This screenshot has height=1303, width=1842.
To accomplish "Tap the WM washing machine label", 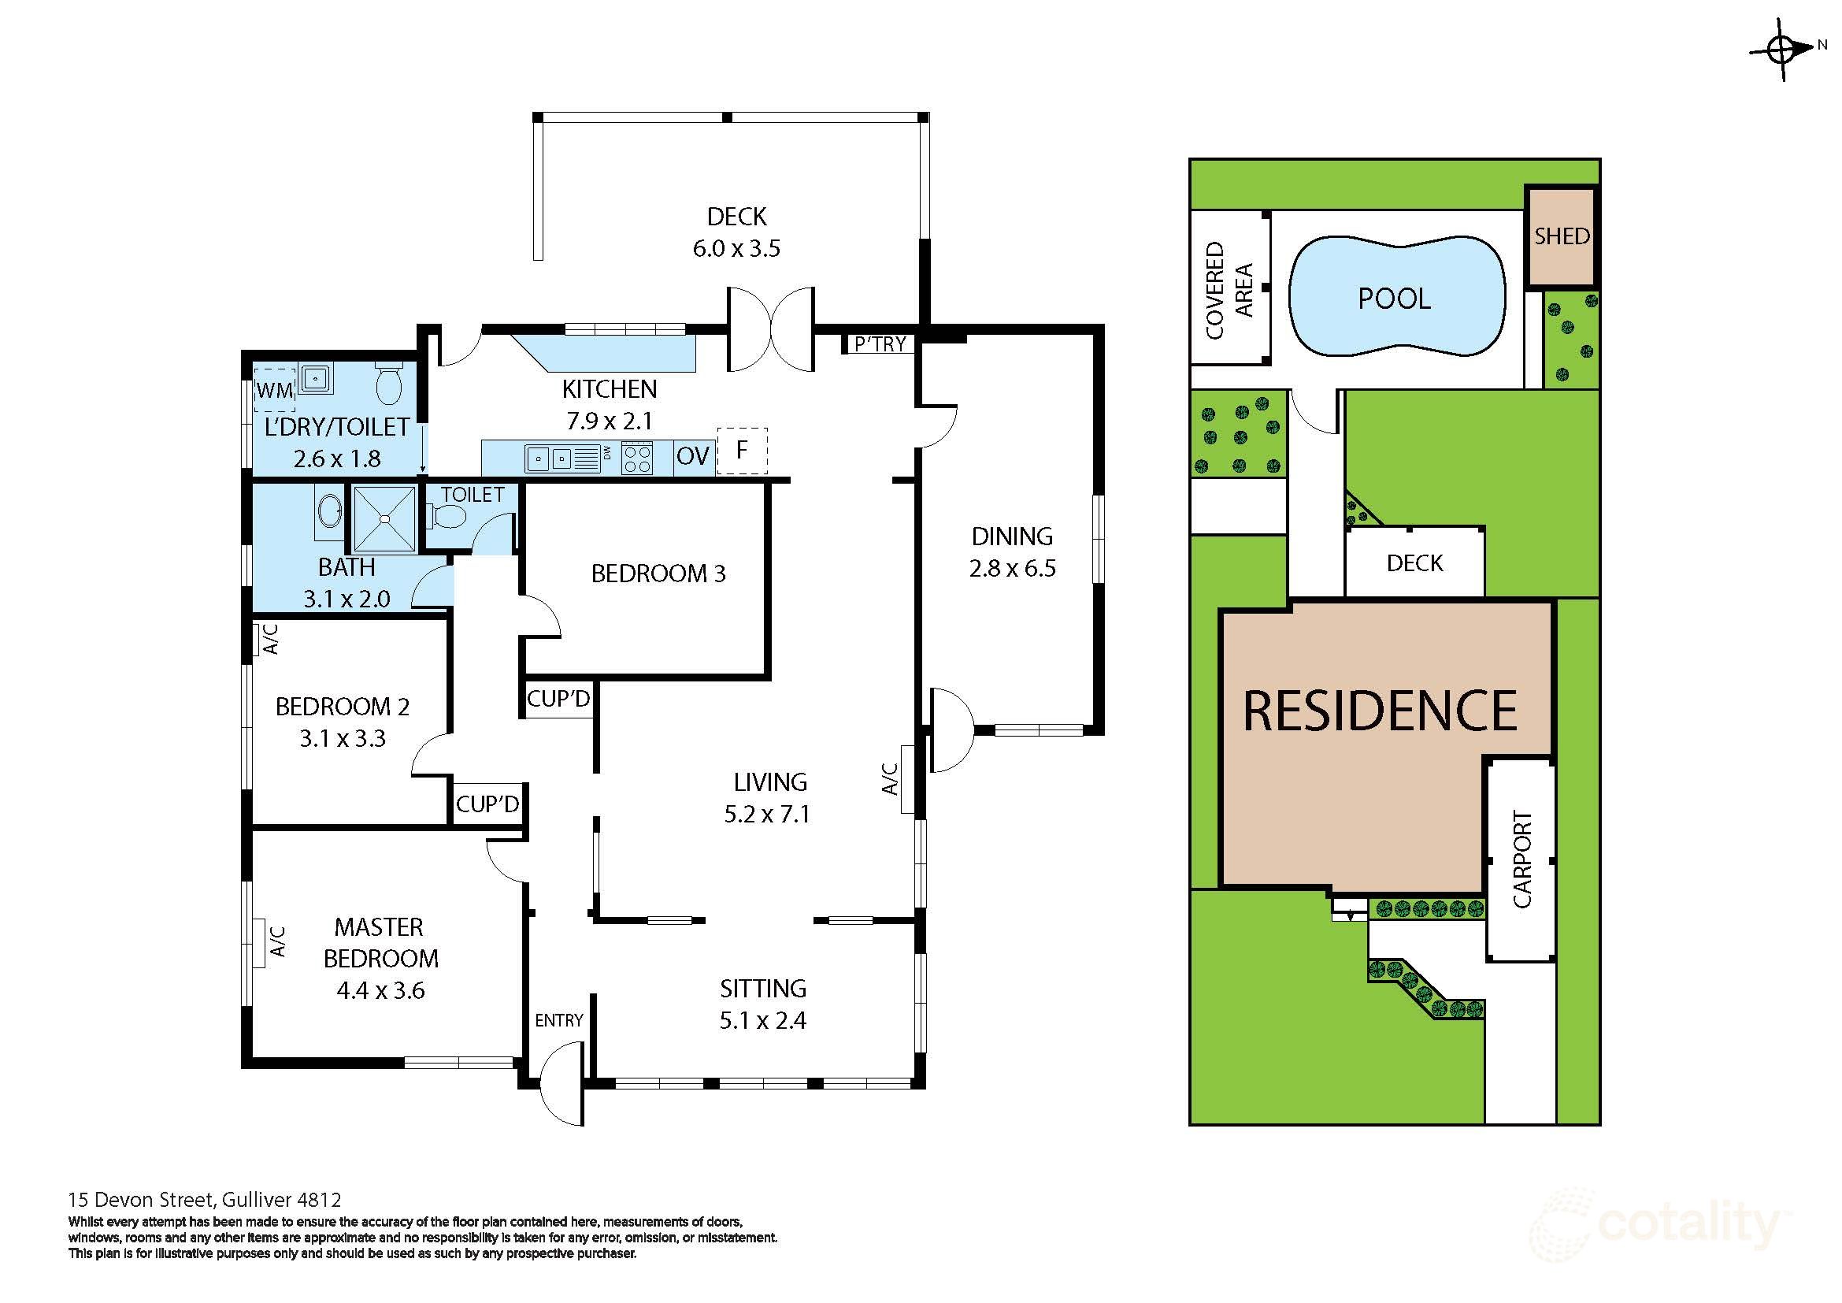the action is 275,392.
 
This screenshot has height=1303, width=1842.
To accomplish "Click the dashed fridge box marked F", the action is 742,450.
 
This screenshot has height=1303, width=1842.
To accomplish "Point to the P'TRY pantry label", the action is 881,344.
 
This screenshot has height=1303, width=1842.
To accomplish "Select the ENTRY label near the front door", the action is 559,1019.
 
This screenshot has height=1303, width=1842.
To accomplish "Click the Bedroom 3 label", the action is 658,573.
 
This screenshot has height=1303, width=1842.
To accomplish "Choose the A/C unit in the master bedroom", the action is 259,942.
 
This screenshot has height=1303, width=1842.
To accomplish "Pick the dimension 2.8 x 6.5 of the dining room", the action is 1013,568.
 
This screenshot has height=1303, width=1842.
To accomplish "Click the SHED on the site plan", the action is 1561,236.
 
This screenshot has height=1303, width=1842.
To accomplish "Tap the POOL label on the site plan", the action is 1395,299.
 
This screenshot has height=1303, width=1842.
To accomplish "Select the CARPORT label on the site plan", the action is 1522,859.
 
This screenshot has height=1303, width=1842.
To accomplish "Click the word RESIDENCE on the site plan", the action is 1380,711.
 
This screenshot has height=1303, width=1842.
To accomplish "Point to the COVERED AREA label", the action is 1229,290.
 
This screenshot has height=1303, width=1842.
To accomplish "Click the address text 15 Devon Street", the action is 141,1201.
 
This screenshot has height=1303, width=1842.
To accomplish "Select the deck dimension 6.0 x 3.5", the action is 736,248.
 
